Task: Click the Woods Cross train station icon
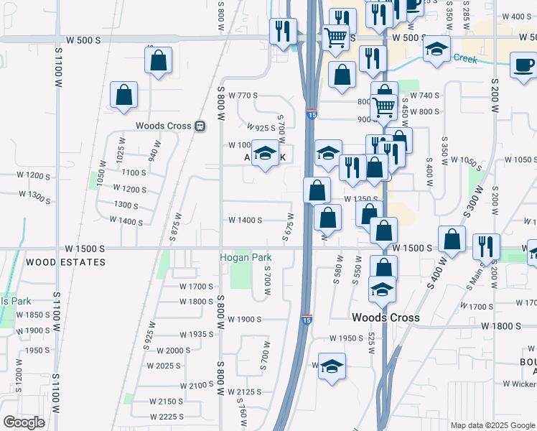[201, 126]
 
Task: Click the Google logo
[24, 422]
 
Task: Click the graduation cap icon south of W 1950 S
[331, 366]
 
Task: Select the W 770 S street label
[243, 96]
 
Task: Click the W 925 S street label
[261, 128]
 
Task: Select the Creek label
[465, 59]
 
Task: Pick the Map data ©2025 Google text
[492, 425]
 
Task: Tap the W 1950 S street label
[347, 338]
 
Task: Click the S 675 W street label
[289, 226]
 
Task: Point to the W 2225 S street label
[167, 417]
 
